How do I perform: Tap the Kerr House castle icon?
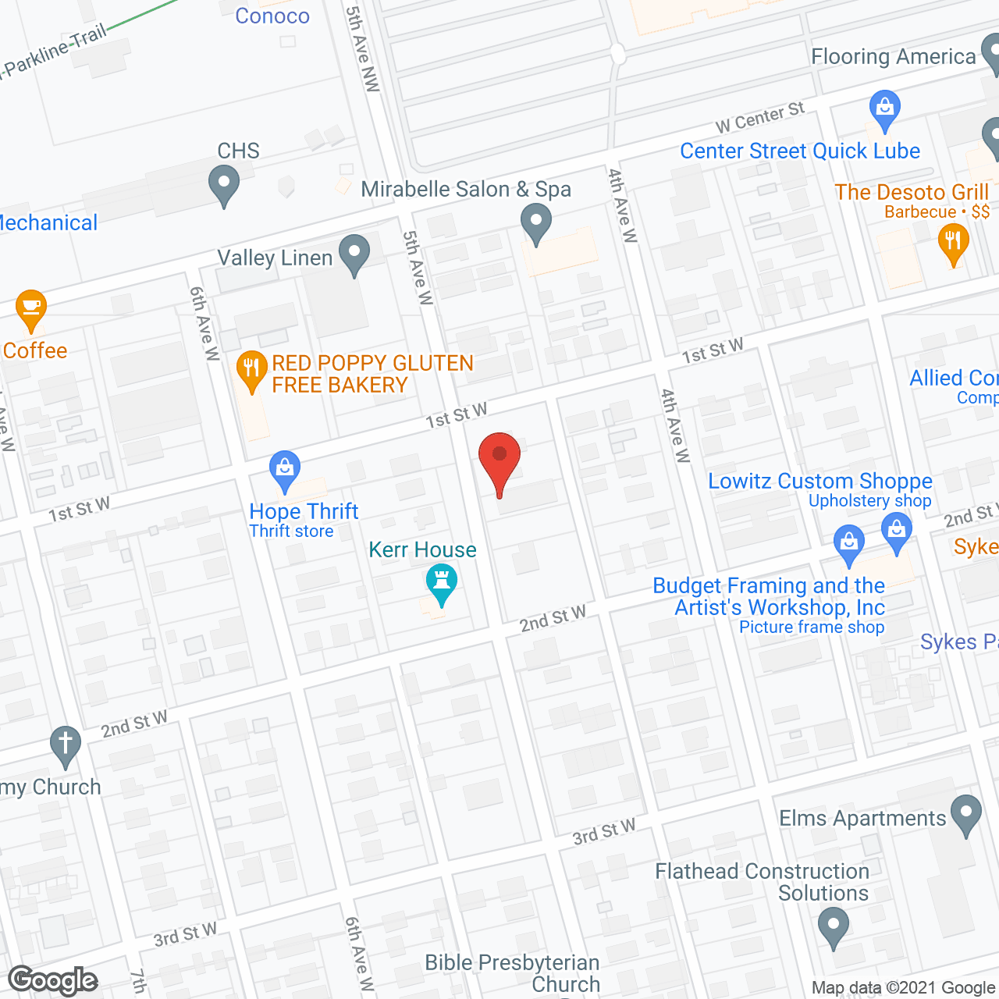click(x=442, y=583)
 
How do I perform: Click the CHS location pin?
click(x=224, y=187)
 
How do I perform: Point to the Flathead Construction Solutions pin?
click(x=834, y=929)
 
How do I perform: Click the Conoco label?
click(x=272, y=16)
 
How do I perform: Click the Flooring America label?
click(x=894, y=57)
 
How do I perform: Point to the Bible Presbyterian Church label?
click(x=512, y=973)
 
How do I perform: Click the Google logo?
click(x=53, y=980)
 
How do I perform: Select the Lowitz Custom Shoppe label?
click(x=819, y=482)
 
